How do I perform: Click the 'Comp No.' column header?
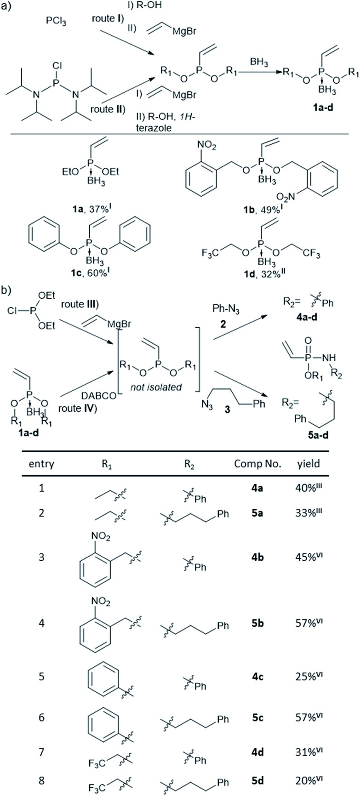pyautogui.click(x=257, y=464)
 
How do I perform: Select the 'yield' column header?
pyautogui.click(x=308, y=464)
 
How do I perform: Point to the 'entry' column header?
pyautogui.click(x=41, y=464)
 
